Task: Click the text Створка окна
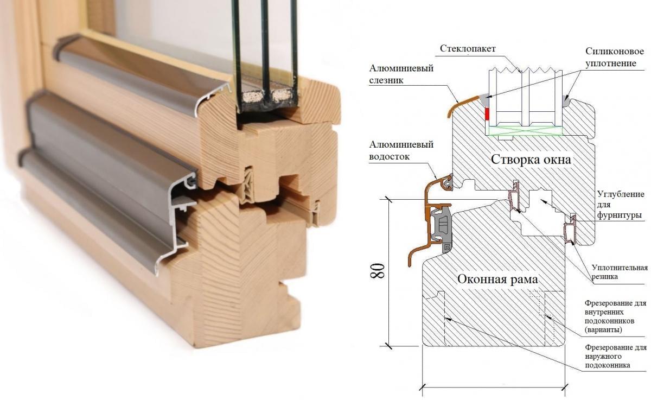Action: (x=532, y=160)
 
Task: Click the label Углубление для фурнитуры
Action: (x=620, y=204)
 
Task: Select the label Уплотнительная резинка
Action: (x=620, y=272)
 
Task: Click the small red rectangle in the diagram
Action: (x=487, y=115)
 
